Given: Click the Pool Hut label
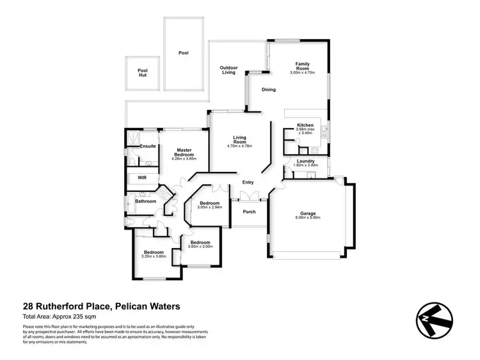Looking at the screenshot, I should click(x=142, y=74).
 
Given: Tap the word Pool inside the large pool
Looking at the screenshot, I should click(x=183, y=53).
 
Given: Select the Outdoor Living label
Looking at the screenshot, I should click(x=228, y=70).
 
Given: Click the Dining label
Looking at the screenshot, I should click(x=269, y=90).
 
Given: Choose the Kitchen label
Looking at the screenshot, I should click(x=305, y=125).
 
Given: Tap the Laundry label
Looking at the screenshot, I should click(x=305, y=161).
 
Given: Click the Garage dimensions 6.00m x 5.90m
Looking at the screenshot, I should click(x=308, y=218).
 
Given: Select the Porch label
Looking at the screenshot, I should click(x=248, y=212).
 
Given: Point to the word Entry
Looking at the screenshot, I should click(x=248, y=183).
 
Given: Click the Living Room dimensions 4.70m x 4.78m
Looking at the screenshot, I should click(x=240, y=146).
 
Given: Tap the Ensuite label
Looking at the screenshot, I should click(x=148, y=146).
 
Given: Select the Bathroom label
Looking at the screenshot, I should click(x=145, y=201).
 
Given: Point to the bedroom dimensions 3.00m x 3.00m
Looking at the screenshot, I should click(x=200, y=247).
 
